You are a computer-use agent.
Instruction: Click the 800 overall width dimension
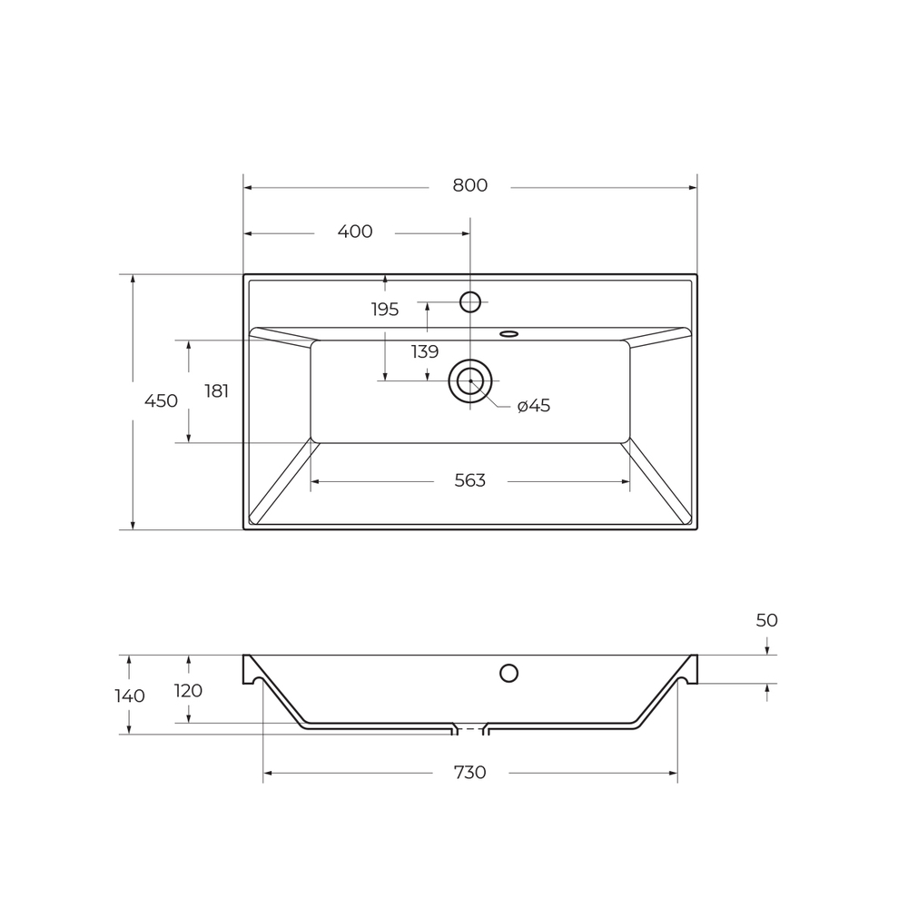(469, 185)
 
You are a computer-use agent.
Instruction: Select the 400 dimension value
(355, 232)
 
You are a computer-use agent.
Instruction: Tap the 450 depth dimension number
(161, 400)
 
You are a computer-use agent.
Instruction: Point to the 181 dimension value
(216, 391)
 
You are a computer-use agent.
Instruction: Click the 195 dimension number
(385, 310)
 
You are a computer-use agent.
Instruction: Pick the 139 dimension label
(425, 351)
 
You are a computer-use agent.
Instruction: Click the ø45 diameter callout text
(534, 406)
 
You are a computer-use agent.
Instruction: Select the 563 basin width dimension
(469, 480)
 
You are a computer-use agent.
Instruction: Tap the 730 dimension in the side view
(469, 773)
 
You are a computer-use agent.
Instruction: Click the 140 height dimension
(130, 696)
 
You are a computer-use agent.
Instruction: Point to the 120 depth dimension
(188, 691)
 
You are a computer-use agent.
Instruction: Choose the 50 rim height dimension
(766, 621)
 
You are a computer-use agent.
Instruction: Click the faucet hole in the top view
(470, 301)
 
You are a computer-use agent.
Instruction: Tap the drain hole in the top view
(470, 381)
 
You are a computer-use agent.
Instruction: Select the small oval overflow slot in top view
(508, 333)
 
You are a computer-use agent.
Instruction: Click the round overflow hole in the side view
(508, 673)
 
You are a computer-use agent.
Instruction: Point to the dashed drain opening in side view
(470, 728)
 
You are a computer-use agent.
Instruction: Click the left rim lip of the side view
(248, 669)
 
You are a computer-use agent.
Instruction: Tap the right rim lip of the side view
(692, 669)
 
